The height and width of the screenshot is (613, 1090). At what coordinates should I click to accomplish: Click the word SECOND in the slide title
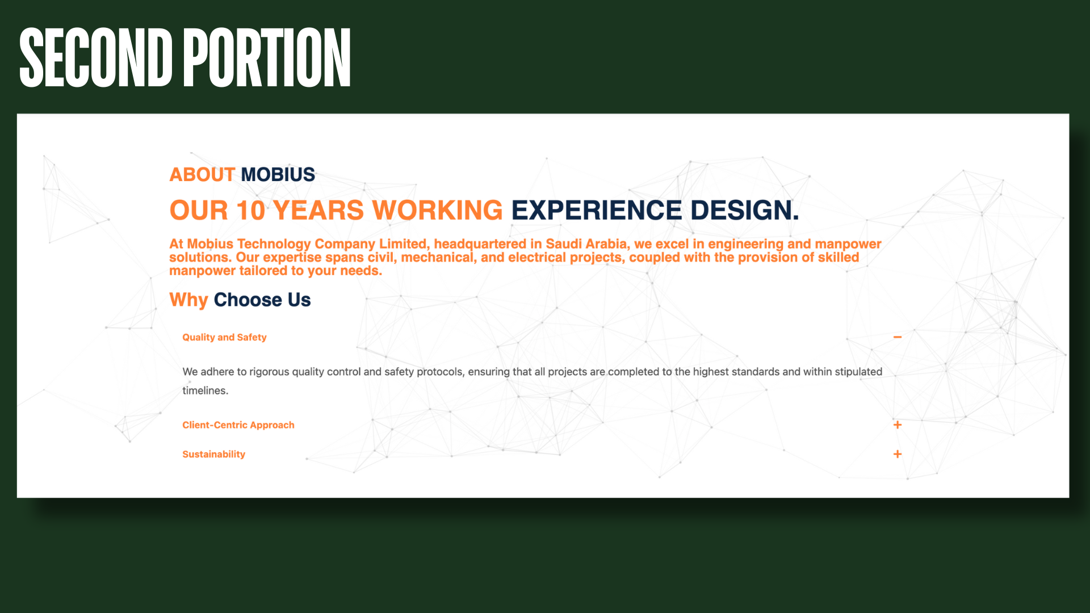click(96, 57)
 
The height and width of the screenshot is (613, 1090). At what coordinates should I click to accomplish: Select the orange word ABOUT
click(202, 174)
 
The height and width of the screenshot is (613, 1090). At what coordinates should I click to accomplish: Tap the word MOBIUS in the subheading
click(278, 174)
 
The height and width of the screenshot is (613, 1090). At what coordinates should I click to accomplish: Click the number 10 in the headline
click(251, 210)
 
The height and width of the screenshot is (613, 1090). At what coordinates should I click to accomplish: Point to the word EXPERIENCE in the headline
click(596, 210)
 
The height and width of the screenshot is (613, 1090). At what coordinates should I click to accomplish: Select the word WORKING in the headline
click(437, 210)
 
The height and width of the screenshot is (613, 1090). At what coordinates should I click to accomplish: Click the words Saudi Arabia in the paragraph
click(586, 244)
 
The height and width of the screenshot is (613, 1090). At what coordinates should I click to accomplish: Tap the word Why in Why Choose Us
click(188, 300)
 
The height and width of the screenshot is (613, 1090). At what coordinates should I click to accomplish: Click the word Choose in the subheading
click(248, 300)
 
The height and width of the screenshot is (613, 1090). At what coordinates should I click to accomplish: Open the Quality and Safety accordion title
click(224, 337)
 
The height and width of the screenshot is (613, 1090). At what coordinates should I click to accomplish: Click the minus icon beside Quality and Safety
click(898, 337)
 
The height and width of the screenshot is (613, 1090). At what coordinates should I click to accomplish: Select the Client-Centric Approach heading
click(238, 425)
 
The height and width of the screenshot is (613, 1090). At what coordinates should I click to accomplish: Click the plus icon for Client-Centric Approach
click(898, 425)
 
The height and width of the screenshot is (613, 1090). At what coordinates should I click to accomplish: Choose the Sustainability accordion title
click(213, 454)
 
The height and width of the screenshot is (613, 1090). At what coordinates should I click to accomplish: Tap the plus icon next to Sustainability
click(898, 454)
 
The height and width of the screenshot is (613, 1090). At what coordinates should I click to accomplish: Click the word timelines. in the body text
click(205, 391)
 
